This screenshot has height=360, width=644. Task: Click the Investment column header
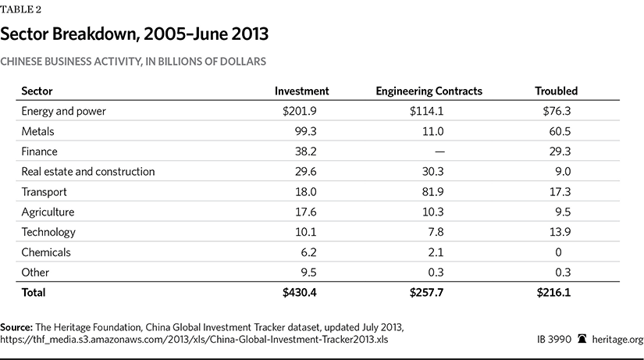301,91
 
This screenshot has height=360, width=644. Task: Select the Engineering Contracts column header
429,91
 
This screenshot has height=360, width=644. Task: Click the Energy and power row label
63,111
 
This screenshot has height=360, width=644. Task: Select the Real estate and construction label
88,172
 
